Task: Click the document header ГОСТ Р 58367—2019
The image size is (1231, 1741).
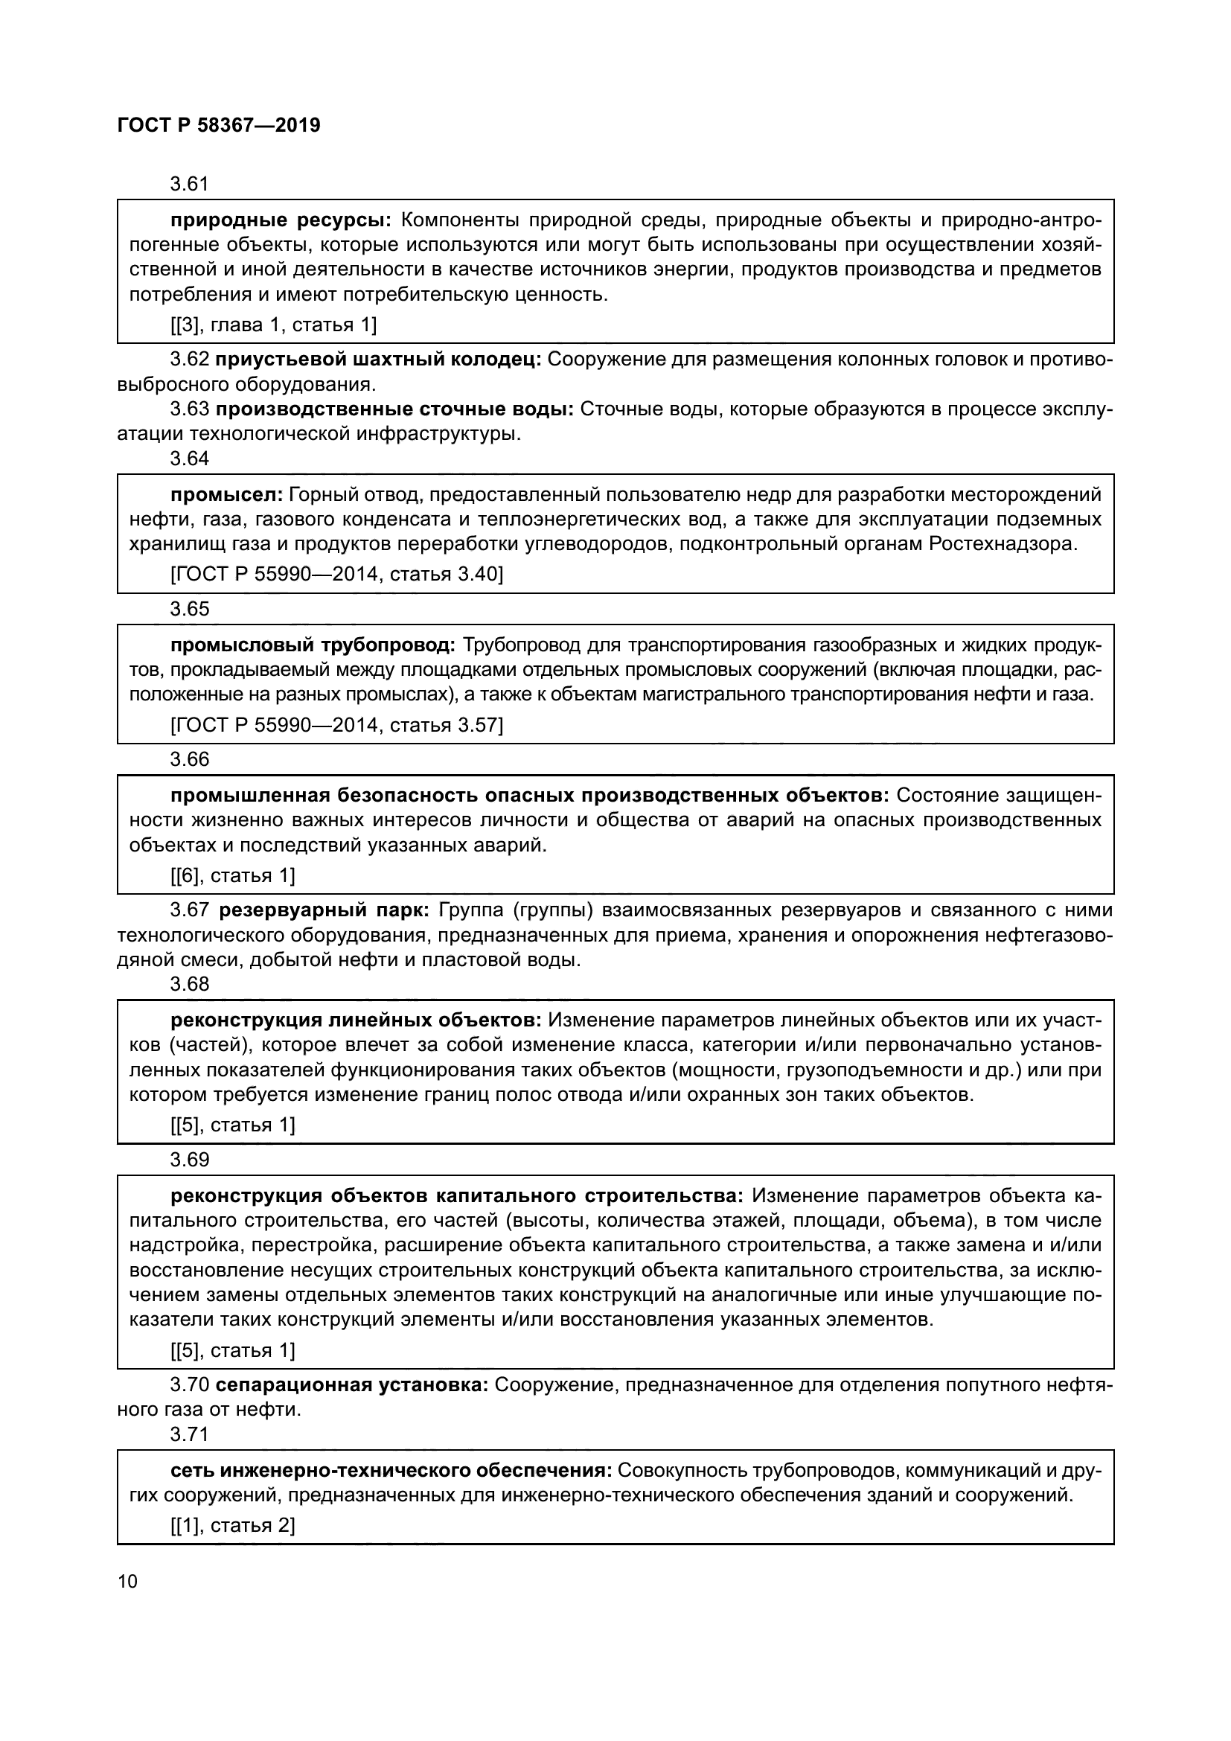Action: click(219, 125)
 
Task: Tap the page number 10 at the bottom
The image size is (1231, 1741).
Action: click(128, 1581)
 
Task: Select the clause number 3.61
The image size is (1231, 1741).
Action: click(189, 185)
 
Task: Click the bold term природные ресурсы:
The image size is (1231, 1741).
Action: click(281, 220)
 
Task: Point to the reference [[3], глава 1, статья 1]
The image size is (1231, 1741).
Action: click(273, 325)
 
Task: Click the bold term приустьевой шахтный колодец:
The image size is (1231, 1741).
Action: click(377, 360)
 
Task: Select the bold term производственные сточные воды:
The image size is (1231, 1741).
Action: click(394, 409)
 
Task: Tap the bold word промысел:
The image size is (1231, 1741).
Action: click(227, 495)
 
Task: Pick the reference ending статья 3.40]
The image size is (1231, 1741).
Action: click(336, 574)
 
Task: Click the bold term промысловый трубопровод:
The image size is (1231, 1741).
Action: click(313, 645)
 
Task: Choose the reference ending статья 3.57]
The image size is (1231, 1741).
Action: click(336, 725)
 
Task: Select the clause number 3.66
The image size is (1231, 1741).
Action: click(189, 759)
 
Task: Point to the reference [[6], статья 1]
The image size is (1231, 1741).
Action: click(232, 876)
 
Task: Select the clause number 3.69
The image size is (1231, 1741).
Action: click(189, 1160)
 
